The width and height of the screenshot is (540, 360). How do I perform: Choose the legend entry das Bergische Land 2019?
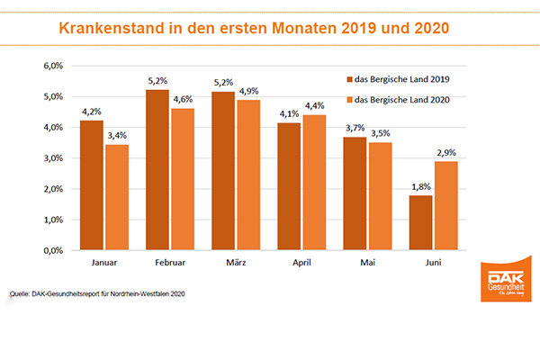click(405, 78)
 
